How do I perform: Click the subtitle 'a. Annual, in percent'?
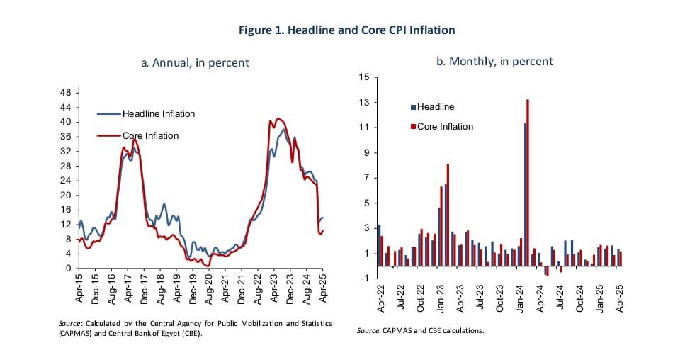(x=196, y=62)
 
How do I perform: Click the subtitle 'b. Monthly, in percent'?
(x=494, y=61)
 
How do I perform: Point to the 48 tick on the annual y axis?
(x=64, y=93)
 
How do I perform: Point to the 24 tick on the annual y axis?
(x=64, y=181)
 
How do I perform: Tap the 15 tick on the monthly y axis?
(x=364, y=77)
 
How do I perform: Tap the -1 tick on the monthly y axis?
(x=364, y=278)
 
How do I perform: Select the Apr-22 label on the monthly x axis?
(x=381, y=300)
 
